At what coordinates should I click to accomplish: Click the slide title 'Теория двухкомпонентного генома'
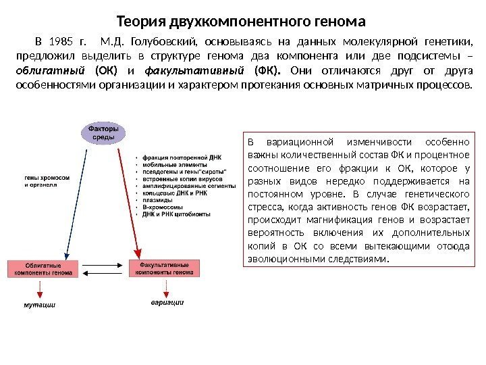coord(241,20)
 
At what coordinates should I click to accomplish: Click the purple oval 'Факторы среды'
coord(103,132)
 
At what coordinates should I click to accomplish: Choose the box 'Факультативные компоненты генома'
coord(165,268)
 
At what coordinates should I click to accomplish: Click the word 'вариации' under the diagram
coord(167,302)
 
